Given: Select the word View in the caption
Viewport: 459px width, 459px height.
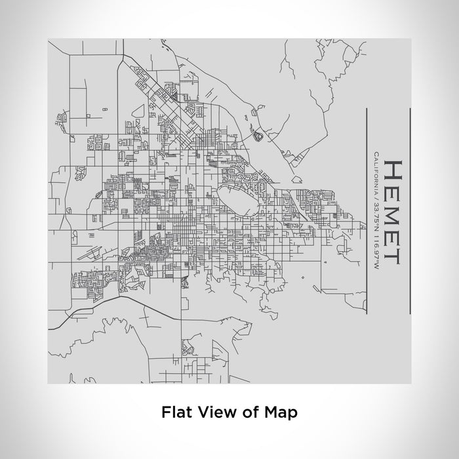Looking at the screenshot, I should coord(216,412).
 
